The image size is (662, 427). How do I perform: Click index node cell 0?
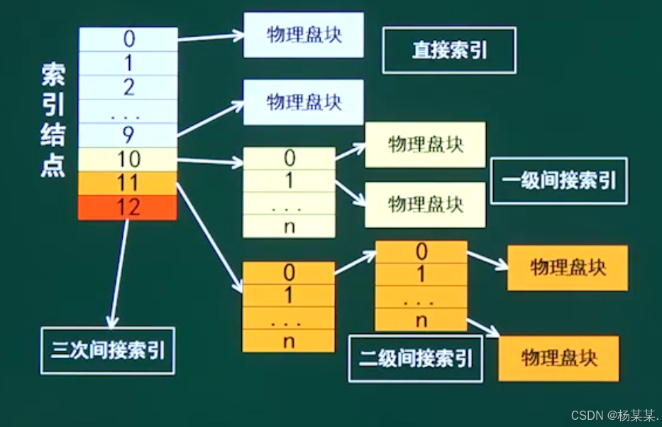[x=128, y=39]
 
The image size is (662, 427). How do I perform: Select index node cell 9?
[x=128, y=135]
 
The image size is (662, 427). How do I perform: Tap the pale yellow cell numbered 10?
[x=128, y=159]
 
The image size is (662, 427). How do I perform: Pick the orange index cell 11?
[x=128, y=183]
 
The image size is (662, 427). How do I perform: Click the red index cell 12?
[x=128, y=207]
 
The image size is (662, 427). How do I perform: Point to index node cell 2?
[x=128, y=87]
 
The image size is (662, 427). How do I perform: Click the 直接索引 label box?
[x=449, y=50]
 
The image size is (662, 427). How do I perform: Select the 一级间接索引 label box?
[x=559, y=180]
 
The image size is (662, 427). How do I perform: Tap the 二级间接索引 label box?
[x=415, y=358]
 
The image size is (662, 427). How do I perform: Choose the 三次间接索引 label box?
[x=108, y=350]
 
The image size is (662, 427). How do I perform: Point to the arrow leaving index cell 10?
[x=209, y=161]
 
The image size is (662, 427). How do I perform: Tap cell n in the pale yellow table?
[x=289, y=227]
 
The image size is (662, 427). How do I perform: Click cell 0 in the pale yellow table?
[x=289, y=158]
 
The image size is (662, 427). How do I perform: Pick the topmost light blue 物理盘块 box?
[x=304, y=35]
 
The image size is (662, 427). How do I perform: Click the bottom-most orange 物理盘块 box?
[x=558, y=357]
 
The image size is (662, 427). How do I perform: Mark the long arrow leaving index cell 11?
[x=209, y=238]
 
